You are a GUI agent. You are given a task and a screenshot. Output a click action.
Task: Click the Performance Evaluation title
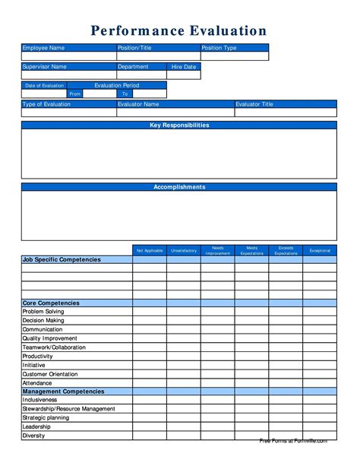coord(179,30)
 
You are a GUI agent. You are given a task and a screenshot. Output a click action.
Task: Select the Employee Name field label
coord(43,48)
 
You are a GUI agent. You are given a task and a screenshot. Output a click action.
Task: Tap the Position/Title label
coord(134,48)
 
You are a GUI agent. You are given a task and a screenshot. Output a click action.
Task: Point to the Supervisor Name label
coord(45,67)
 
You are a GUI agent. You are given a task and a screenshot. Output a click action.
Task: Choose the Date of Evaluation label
coord(44,86)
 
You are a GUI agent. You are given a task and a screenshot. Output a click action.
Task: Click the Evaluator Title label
coord(254,104)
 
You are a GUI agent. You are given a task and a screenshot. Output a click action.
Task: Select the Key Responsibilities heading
coord(179,125)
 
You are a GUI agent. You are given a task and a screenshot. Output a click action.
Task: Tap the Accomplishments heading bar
coord(179,187)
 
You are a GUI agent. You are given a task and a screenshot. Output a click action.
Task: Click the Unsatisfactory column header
coord(184,250)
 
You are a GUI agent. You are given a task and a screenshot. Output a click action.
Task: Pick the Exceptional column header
coord(320,250)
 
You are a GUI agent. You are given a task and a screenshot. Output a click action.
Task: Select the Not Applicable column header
coord(150,250)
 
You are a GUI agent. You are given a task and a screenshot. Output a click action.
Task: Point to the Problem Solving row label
coord(43,312)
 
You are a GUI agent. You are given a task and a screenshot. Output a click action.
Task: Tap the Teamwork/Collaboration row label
coord(54,347)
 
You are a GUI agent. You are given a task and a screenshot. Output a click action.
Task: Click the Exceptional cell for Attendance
coord(320,383)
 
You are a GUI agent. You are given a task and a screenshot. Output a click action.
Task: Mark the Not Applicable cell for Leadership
coord(150,426)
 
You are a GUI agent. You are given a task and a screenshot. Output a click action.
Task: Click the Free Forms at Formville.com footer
coord(293,441)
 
